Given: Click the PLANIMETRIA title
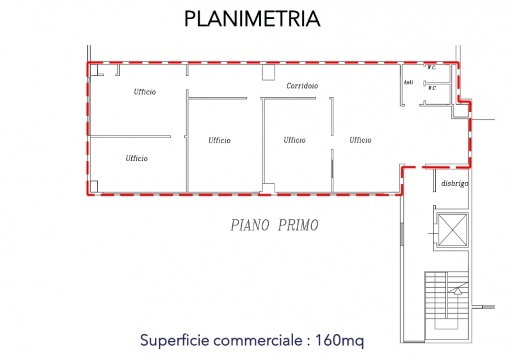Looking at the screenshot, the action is point(252,19).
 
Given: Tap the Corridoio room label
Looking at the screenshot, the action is point(302,86).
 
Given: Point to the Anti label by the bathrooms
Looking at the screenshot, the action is point(408,82).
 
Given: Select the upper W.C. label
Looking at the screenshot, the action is point(431,68).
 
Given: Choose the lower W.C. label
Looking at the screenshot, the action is point(433,88).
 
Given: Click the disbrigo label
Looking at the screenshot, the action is point(455,184).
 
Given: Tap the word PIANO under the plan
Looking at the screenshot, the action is point(250,225).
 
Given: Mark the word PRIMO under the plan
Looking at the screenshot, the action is point(298,225).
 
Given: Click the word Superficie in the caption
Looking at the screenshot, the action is point(175,340).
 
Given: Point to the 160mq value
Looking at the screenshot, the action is point(339,340).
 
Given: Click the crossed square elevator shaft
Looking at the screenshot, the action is point(452,230).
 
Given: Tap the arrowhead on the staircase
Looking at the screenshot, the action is point(458,290).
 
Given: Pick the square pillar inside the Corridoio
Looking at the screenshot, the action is point(268,72).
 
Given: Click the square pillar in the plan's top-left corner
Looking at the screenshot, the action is point(93,70).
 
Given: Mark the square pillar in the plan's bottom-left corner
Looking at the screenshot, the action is point(93,186).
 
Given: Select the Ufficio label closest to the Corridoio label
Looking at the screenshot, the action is point(294,140).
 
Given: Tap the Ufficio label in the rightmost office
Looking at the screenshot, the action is point(360,140).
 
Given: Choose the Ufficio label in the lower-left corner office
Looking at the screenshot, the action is point(136,159).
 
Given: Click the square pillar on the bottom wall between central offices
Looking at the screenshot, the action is point(268,188).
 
